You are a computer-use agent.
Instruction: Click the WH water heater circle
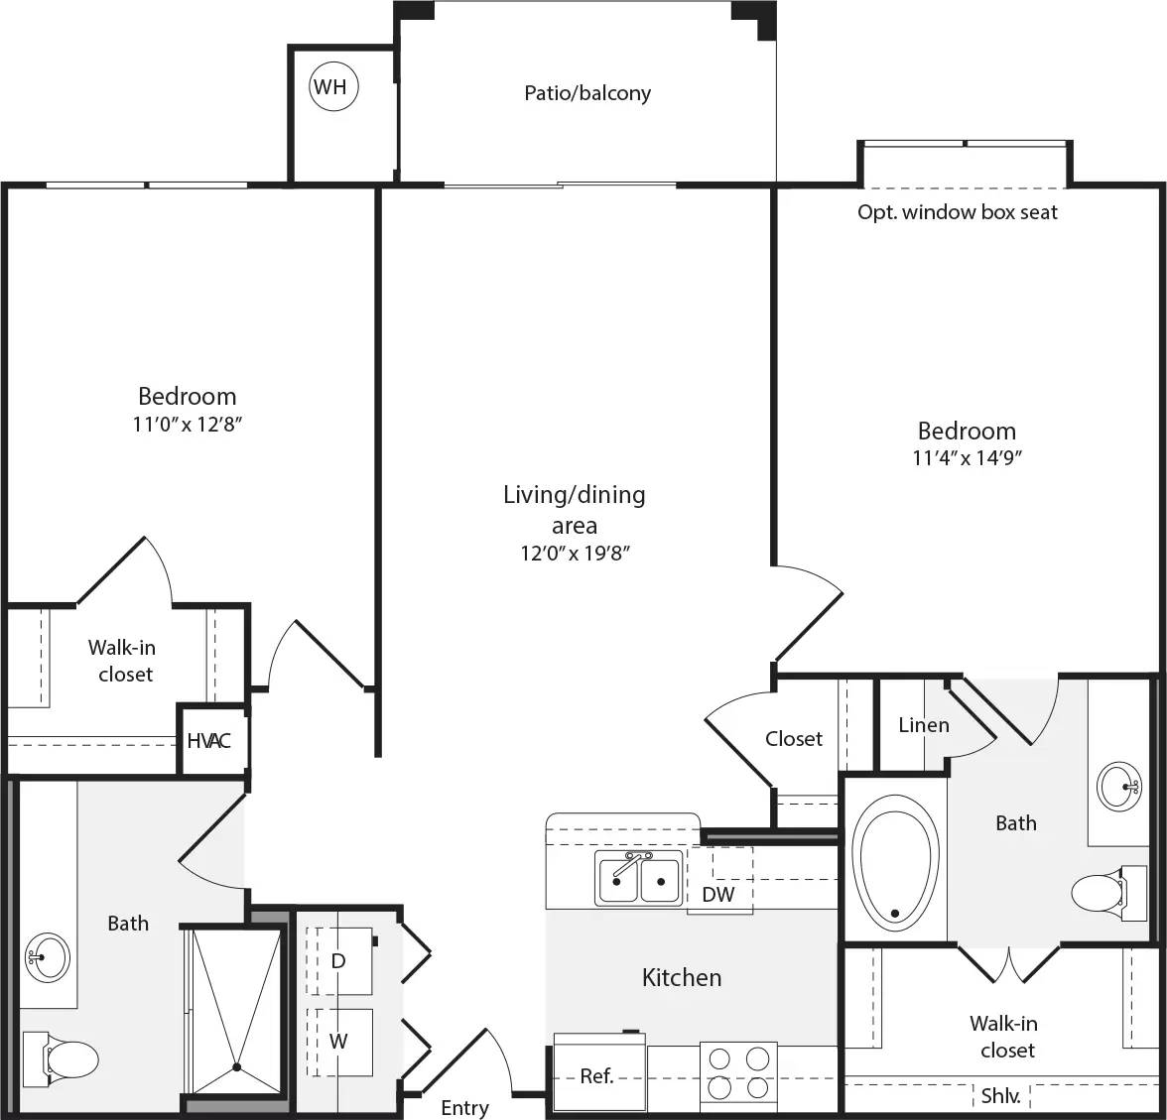click(331, 87)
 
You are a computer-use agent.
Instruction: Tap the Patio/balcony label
click(587, 93)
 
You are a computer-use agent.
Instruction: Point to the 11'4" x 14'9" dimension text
click(968, 458)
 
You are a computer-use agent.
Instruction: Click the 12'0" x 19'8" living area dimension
click(576, 554)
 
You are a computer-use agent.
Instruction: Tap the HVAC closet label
click(209, 741)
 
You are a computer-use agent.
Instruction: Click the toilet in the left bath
click(64, 1056)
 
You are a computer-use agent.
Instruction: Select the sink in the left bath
click(48, 957)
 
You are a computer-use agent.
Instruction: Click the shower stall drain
click(237, 1067)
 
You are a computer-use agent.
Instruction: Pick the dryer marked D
click(338, 961)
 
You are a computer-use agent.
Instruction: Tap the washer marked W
click(338, 1042)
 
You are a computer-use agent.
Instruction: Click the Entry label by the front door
click(464, 1108)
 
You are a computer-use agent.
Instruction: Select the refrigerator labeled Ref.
click(597, 1075)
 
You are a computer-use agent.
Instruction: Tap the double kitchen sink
click(638, 878)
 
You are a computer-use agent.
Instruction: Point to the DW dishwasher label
click(718, 895)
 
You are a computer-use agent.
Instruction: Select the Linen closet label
click(923, 725)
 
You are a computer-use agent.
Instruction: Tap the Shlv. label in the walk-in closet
click(999, 1096)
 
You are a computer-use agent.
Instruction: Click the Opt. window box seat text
click(958, 212)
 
